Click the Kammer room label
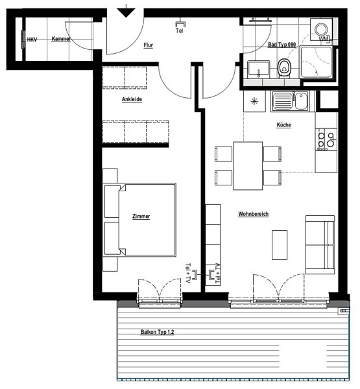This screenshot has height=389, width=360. (61, 39)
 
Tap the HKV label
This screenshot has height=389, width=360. (32, 40)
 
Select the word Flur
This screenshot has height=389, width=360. (149, 45)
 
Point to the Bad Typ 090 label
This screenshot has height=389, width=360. (282, 45)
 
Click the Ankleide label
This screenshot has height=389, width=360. (132, 99)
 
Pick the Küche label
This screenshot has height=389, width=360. (283, 124)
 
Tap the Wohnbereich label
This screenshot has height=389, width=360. (253, 214)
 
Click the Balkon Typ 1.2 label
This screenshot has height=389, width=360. (158, 332)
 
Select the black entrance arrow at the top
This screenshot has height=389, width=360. (126, 12)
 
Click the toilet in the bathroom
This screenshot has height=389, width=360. (284, 67)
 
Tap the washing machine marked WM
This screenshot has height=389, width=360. (321, 30)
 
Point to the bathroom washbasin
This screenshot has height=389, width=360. (258, 68)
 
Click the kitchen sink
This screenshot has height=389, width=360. (290, 101)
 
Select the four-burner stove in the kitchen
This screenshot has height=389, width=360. (326, 139)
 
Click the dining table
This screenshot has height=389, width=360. (248, 166)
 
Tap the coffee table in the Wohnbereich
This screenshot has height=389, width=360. (280, 245)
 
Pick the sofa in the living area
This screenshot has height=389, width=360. (320, 244)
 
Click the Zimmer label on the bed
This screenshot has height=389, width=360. (141, 217)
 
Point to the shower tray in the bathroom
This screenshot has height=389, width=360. (316, 62)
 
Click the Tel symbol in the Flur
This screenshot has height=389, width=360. (180, 27)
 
